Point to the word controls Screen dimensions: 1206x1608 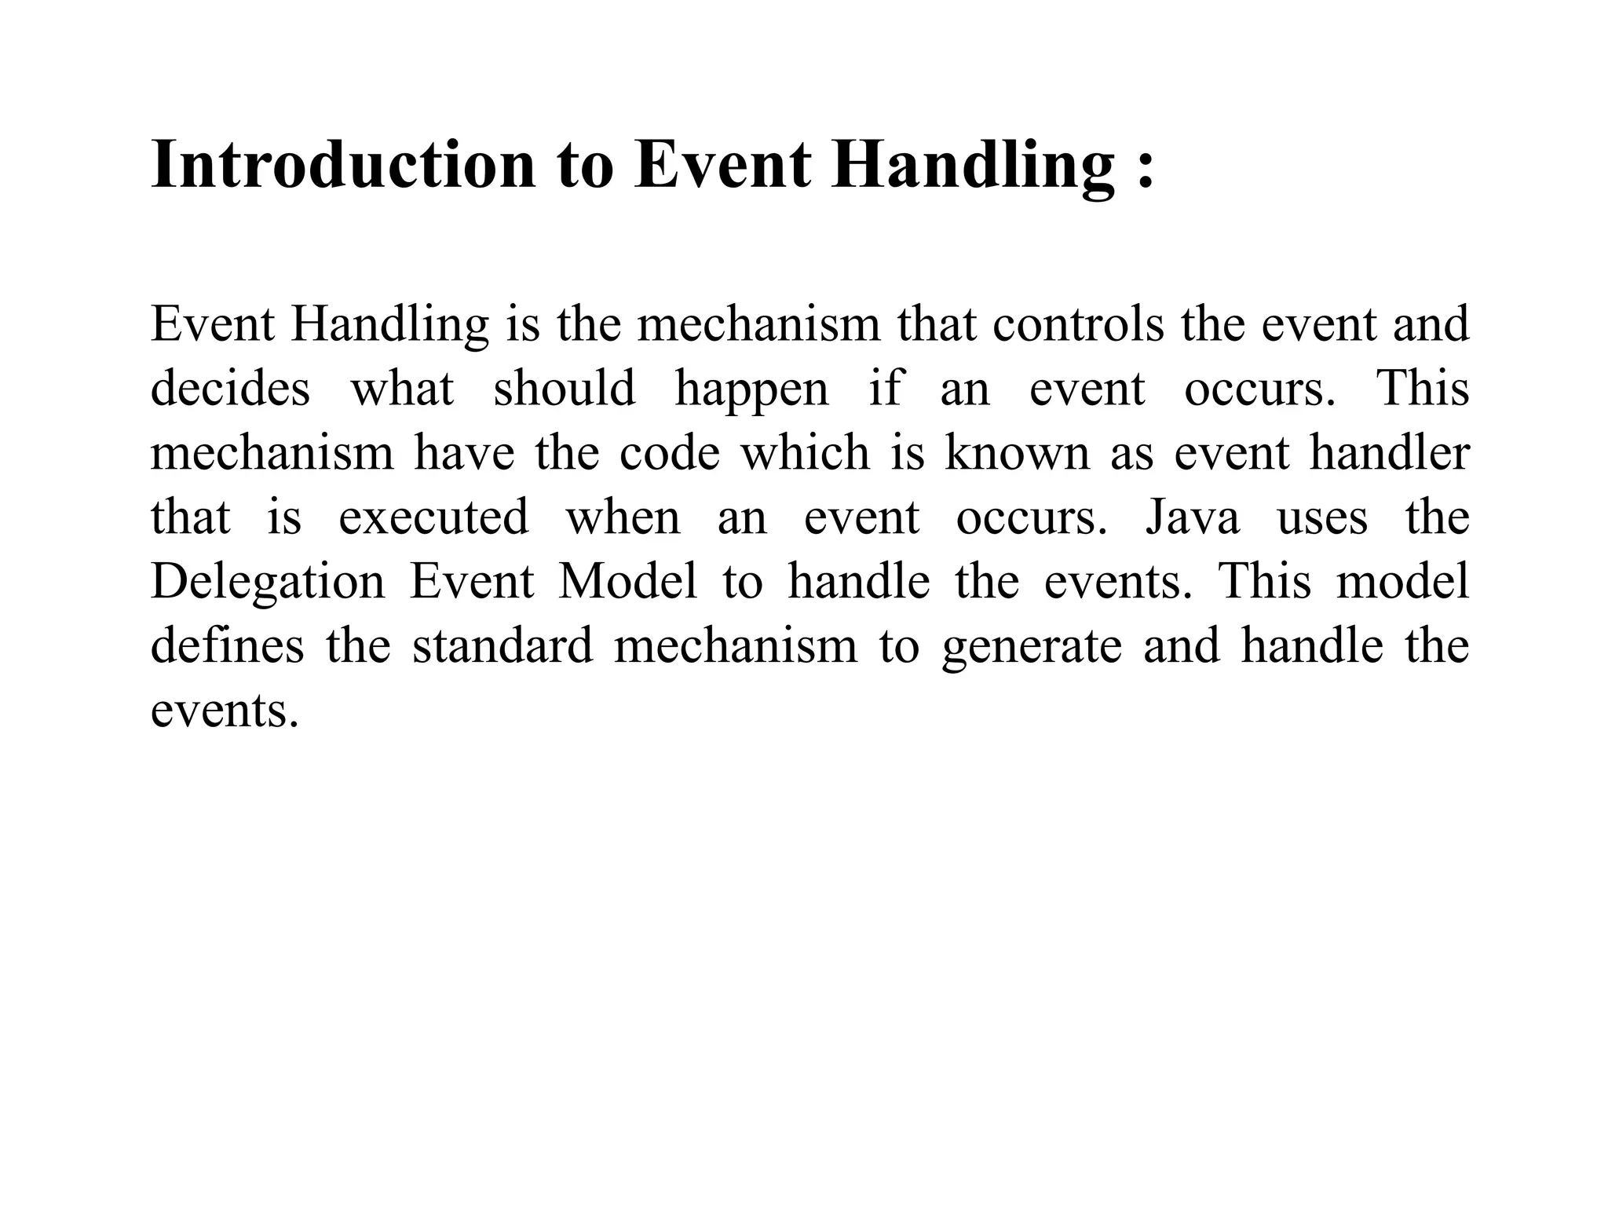coord(1078,323)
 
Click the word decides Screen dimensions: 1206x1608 coord(230,388)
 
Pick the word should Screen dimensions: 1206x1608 coord(564,388)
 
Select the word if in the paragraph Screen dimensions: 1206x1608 coord(885,388)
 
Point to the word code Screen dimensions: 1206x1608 coord(669,453)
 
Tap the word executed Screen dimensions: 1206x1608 coord(433,517)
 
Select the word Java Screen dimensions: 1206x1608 coord(1192,517)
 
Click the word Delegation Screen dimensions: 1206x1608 coord(268,583)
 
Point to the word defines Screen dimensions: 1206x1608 coord(227,646)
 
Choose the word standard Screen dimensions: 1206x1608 coord(502,646)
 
